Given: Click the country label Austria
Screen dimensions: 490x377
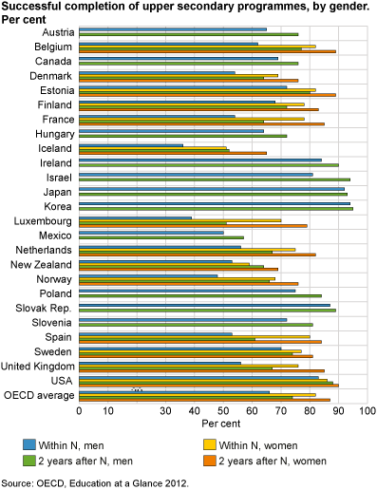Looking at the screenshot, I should (56, 31).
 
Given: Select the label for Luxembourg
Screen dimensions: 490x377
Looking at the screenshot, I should (47, 219).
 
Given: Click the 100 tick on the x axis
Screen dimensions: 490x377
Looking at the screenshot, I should (368, 410).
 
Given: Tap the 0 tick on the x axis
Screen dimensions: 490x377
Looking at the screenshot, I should (79, 410).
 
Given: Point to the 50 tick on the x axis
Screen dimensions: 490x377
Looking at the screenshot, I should (223, 410).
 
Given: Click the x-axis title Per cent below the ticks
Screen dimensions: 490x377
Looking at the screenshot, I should (222, 424).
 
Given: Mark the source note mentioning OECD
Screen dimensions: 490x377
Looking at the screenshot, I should (95, 482).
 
